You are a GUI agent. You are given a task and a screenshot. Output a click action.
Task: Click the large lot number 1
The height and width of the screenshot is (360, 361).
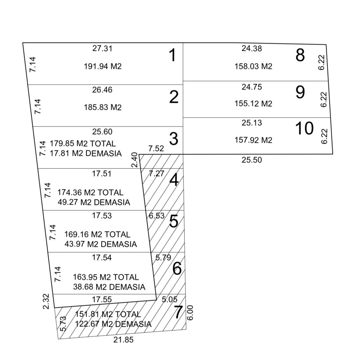[172, 56]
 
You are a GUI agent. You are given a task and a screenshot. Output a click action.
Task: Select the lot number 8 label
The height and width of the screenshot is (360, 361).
[300, 55]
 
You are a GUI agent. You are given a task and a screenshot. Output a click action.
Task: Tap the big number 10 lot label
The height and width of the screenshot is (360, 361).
[304, 128]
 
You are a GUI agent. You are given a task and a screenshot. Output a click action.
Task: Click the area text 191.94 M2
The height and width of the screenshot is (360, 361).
[103, 66]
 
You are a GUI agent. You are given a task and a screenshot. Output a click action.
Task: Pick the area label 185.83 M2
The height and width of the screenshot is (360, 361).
[103, 108]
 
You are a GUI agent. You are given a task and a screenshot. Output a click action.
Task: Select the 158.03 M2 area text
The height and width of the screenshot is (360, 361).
[253, 67]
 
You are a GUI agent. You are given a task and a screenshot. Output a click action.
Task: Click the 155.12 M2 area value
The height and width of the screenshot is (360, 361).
[253, 104]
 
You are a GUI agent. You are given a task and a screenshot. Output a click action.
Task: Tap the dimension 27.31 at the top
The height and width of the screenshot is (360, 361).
[102, 49]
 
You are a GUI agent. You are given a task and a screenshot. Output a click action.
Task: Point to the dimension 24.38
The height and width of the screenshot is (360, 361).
[252, 49]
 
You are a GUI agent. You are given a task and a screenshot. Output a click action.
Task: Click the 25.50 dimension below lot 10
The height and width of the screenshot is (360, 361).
[252, 160]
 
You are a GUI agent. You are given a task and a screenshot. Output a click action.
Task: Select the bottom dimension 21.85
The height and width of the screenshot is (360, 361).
[123, 340]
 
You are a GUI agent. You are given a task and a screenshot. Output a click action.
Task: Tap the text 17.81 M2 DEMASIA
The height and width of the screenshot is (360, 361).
[86, 154]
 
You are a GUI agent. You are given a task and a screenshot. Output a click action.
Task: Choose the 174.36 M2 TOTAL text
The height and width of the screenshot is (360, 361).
[90, 193]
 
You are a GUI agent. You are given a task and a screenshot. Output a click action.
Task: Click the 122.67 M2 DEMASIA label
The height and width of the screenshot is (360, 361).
[113, 324]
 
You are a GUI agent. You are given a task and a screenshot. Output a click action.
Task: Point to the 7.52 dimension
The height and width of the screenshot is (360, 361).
[156, 149]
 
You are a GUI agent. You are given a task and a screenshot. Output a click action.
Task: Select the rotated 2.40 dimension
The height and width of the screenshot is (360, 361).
[135, 160]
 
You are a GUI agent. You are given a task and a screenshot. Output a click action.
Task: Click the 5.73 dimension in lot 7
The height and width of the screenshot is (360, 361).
[63, 324]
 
